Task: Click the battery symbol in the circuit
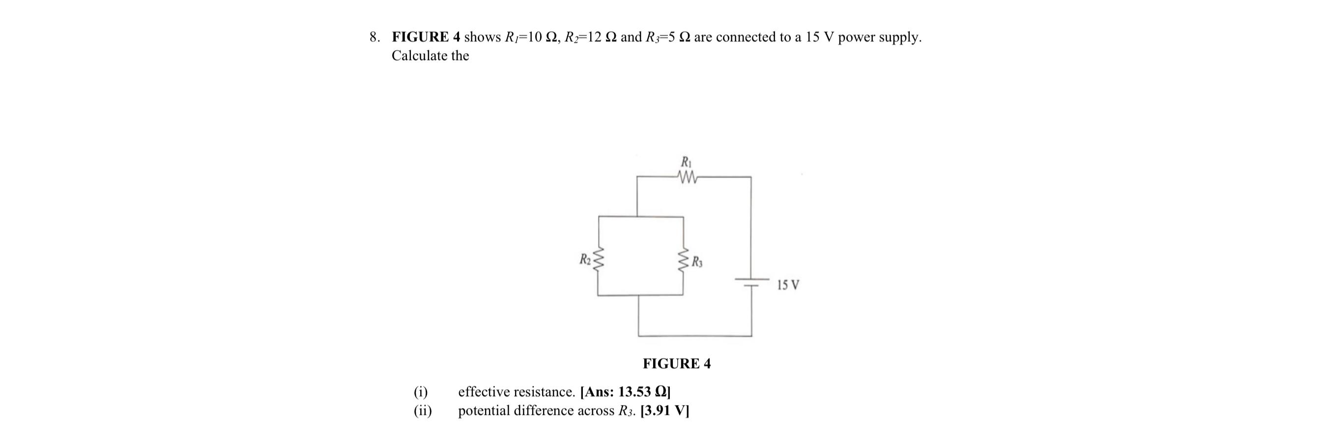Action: click(x=752, y=282)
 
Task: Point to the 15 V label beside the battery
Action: click(x=788, y=285)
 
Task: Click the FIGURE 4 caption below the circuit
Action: click(x=676, y=364)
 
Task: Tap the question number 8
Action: click(x=374, y=37)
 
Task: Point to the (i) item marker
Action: click(x=421, y=392)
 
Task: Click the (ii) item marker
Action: click(x=423, y=410)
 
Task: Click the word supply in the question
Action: click(x=898, y=37)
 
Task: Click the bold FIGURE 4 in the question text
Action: click(x=426, y=37)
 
